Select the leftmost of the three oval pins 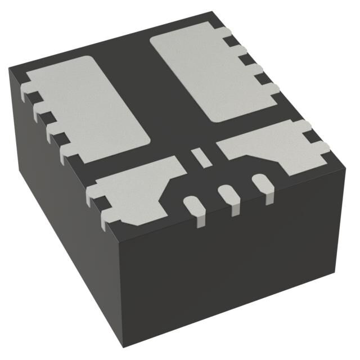(192, 205)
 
